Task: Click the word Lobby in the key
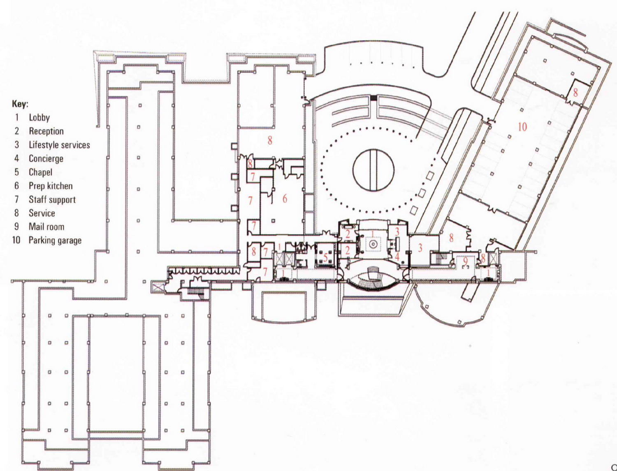(39, 118)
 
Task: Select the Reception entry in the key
(46, 131)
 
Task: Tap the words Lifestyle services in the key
(59, 145)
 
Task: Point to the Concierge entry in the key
(46, 159)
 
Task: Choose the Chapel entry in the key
(40, 172)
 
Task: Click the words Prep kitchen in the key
(51, 186)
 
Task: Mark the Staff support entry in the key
(52, 200)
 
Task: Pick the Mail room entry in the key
(46, 227)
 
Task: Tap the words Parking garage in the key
(55, 240)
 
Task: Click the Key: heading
(20, 105)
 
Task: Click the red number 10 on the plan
(522, 127)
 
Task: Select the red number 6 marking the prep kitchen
(285, 199)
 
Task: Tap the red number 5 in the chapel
(325, 258)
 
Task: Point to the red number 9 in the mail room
(465, 261)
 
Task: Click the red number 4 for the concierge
(397, 256)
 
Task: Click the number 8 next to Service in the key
(16, 213)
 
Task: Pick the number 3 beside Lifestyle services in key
(17, 145)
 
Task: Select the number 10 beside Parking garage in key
(16, 240)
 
